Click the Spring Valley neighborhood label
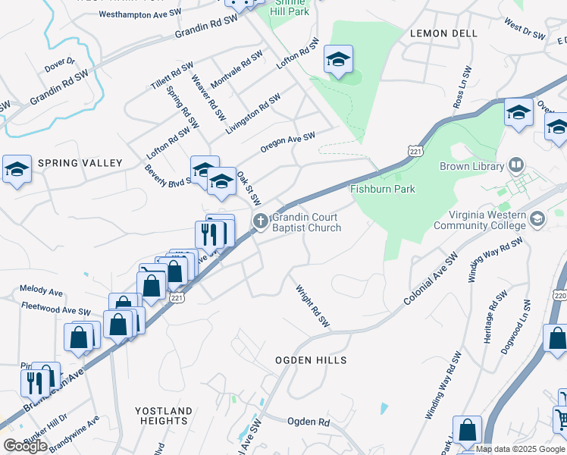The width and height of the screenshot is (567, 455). click(80, 163)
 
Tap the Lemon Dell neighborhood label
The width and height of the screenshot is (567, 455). click(443, 34)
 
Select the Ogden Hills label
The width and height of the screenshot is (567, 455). click(311, 360)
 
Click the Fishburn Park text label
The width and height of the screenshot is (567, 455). click(382, 189)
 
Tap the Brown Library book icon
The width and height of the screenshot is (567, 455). click(516, 165)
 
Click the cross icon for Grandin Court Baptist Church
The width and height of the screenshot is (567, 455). click(261, 221)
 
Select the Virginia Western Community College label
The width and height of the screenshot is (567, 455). click(480, 220)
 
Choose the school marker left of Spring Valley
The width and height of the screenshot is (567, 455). click(16, 171)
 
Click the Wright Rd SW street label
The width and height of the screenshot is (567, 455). click(313, 306)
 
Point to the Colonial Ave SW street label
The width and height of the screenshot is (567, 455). click(431, 280)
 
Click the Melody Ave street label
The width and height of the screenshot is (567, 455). click(41, 290)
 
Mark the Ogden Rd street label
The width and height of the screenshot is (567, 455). click(309, 421)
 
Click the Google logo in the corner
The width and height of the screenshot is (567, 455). click(25, 445)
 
